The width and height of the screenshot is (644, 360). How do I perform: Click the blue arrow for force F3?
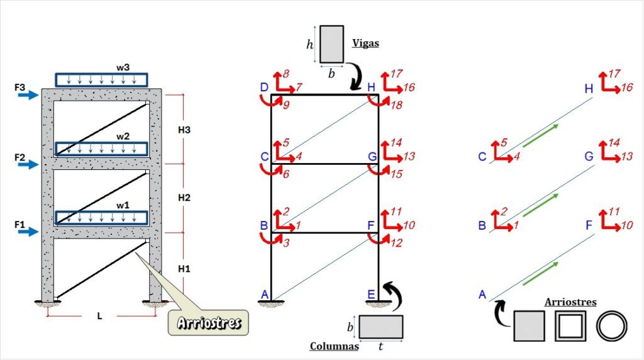pyautogui.click(x=28, y=95)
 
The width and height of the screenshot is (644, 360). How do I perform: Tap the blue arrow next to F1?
pyautogui.click(x=28, y=232)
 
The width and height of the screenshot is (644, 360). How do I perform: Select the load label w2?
pyautogui.click(x=123, y=137)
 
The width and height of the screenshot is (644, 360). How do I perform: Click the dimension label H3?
pyautogui.click(x=184, y=130)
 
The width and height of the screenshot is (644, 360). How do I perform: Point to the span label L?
pyautogui.click(x=99, y=316)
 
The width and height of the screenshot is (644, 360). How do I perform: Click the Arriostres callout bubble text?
pyautogui.click(x=209, y=323)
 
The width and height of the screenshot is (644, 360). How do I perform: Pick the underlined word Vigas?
pyautogui.click(x=365, y=43)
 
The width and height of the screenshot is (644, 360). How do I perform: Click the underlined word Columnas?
pyautogui.click(x=335, y=346)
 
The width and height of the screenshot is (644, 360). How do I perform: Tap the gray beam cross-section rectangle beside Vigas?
pyautogui.click(x=331, y=45)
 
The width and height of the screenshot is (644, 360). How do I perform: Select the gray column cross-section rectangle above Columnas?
pyautogui.click(x=380, y=327)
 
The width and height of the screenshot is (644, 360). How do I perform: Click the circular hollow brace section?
pyautogui.click(x=611, y=326)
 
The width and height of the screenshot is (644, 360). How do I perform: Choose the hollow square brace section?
pyautogui.click(x=570, y=326)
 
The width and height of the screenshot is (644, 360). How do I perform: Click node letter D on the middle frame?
pyautogui.click(x=264, y=87)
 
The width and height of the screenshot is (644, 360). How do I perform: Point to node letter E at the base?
pyautogui.click(x=371, y=295)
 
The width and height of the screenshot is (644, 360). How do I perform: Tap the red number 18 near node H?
pyautogui.click(x=396, y=105)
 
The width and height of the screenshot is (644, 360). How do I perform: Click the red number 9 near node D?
pyautogui.click(x=286, y=105)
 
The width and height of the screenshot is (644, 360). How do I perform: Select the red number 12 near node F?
pyautogui.click(x=396, y=243)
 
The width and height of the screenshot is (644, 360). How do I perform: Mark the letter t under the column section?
pyautogui.click(x=380, y=347)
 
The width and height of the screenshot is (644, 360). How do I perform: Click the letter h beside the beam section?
pyautogui.click(x=309, y=45)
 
